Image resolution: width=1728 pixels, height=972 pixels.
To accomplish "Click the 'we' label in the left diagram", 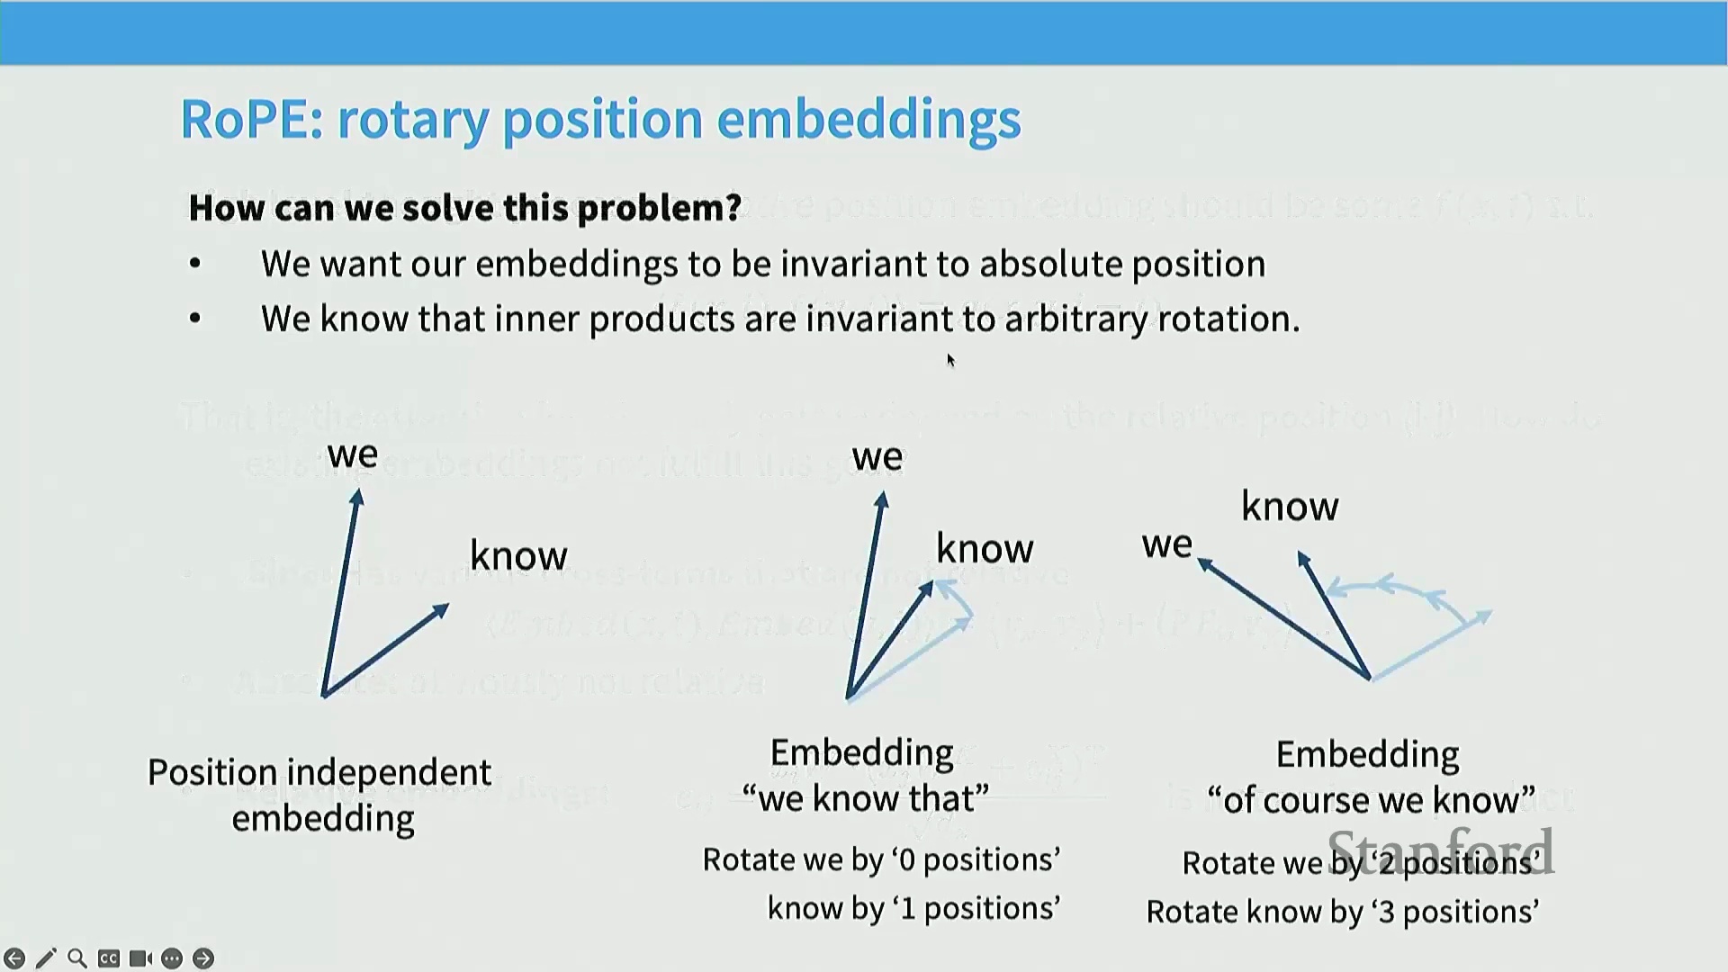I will [353, 454].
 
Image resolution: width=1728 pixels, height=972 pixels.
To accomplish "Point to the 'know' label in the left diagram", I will [518, 555].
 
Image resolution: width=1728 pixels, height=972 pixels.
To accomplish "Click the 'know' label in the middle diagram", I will [985, 549].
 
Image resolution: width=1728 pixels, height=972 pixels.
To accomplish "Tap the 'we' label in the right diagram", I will [1166, 544].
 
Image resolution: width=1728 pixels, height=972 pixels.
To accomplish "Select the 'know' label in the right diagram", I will [1290, 507].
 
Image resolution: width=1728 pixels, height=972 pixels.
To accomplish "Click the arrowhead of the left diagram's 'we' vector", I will [357, 496].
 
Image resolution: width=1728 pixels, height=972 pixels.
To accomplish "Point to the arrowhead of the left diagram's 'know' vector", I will [441, 610].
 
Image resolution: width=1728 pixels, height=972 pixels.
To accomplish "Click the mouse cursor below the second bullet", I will [950, 360].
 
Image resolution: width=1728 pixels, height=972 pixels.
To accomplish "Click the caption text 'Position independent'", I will [319, 772].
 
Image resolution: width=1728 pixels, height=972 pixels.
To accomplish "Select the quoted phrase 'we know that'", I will [865, 798].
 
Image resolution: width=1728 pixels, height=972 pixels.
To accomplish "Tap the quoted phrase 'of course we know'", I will [1371, 800].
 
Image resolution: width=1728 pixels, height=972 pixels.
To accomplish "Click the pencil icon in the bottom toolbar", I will [46, 958].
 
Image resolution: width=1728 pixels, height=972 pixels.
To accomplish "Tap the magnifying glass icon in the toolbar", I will [77, 958].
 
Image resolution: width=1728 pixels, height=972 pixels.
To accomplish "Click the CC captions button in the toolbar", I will [109, 958].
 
